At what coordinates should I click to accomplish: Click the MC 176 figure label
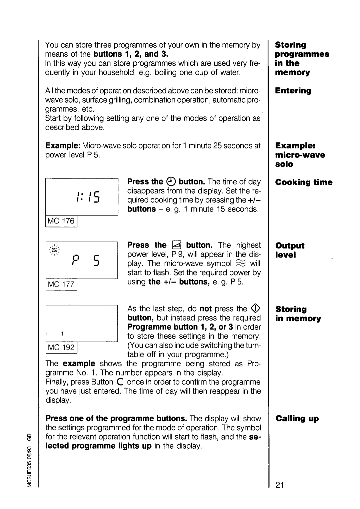(62, 221)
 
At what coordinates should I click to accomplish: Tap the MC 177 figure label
(62, 284)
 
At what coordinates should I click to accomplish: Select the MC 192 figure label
(62, 348)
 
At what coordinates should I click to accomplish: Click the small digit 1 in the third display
(62, 334)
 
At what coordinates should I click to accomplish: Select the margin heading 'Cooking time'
(304, 182)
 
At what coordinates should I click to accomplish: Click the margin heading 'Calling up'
(297, 419)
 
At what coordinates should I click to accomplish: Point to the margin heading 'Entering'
(293, 91)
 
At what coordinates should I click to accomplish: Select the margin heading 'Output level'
(290, 250)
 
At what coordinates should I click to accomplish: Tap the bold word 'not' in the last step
(206, 309)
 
